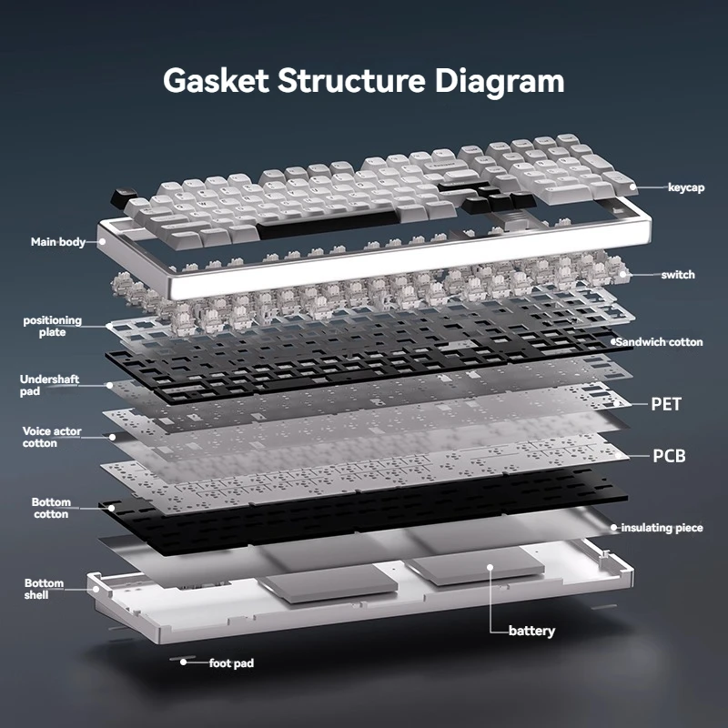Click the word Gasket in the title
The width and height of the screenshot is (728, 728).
216,80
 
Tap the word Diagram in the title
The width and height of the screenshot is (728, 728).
500,83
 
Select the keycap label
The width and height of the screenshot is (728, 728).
686,187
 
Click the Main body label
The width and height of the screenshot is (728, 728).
58,242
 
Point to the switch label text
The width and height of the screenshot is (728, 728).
678,275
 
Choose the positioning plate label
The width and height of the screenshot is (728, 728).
52,327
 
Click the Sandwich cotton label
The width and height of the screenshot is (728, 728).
659,342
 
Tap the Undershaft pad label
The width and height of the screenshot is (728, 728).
49,385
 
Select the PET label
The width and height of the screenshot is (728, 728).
666,404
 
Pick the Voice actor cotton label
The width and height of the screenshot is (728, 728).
52,438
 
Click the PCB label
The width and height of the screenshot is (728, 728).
669,456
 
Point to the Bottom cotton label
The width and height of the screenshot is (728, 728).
51,508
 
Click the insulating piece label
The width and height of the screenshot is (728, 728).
662,528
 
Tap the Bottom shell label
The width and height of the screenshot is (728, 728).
44,589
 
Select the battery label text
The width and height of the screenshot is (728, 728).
531,631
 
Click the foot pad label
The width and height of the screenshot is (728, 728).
231,663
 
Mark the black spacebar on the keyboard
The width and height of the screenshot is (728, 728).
328,224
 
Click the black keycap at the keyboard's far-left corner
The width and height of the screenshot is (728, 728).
123,197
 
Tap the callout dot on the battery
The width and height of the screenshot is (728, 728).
490,567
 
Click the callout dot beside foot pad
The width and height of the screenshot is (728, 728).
184,662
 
